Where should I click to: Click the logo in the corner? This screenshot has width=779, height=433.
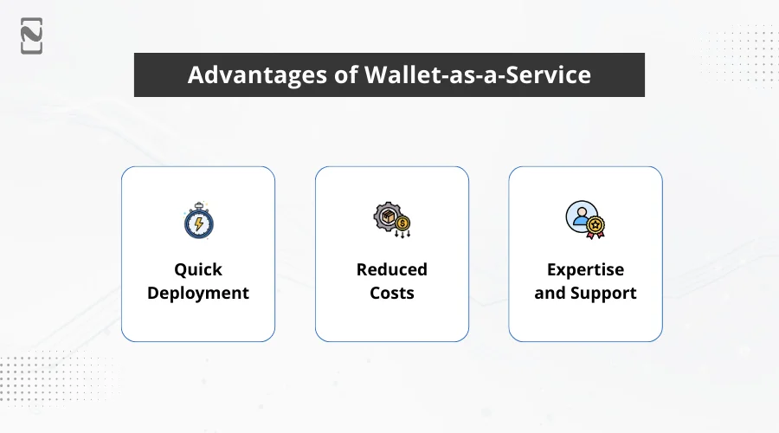32,36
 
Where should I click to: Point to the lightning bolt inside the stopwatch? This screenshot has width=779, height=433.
198,223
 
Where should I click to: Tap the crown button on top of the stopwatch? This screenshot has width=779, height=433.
198,204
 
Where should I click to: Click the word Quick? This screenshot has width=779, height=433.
198,269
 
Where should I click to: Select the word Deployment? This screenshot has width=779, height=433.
198,293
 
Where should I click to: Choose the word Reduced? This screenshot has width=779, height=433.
391,269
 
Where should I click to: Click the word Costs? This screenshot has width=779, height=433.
391,293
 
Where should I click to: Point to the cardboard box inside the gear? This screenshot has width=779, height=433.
387,216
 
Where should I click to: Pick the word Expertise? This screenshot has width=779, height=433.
585,269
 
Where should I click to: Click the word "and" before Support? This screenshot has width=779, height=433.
550,293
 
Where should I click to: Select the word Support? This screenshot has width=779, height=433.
603,293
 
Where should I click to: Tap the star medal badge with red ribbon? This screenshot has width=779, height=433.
596,227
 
